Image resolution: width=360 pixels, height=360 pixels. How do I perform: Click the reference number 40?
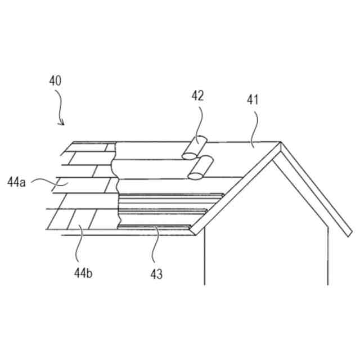pos(55,80)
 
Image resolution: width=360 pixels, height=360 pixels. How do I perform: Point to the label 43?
pos(156,274)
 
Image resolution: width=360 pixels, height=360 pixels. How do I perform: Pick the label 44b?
pos(83,273)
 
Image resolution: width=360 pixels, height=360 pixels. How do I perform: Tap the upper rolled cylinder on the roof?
pos(195,147)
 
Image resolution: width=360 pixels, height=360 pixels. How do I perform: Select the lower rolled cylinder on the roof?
pos(200,169)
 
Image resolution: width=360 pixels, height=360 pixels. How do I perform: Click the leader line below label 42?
pos(201,121)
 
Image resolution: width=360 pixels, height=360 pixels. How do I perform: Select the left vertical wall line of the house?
pos(204,259)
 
